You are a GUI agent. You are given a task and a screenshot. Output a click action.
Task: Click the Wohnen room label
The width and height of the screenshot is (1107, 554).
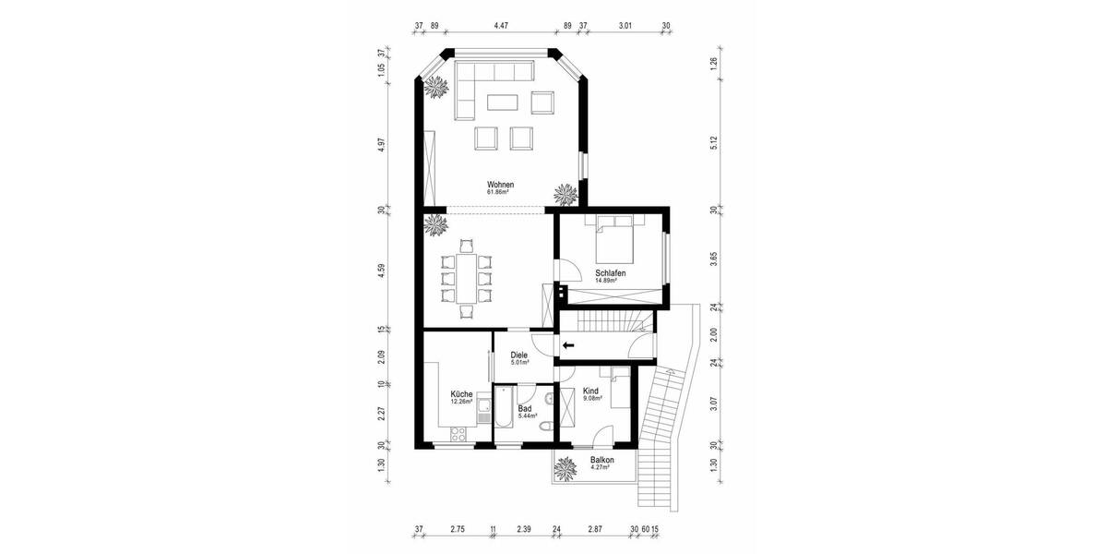coord(500,185)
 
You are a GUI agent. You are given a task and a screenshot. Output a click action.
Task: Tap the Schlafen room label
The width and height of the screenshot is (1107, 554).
coord(611,273)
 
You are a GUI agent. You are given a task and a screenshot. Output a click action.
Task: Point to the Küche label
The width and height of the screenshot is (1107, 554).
coord(461,394)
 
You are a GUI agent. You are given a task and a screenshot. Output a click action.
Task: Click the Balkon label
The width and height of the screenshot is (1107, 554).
coord(601,460)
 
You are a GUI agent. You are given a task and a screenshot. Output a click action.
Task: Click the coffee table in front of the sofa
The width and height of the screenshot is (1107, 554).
coord(503,101)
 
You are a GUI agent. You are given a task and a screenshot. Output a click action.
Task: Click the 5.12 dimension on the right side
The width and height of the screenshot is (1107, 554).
coord(713,145)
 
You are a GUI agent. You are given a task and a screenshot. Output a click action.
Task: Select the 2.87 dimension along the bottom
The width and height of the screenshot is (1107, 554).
coord(595,530)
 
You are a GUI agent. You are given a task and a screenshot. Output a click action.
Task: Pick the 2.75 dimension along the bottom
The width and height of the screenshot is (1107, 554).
coord(458,530)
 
